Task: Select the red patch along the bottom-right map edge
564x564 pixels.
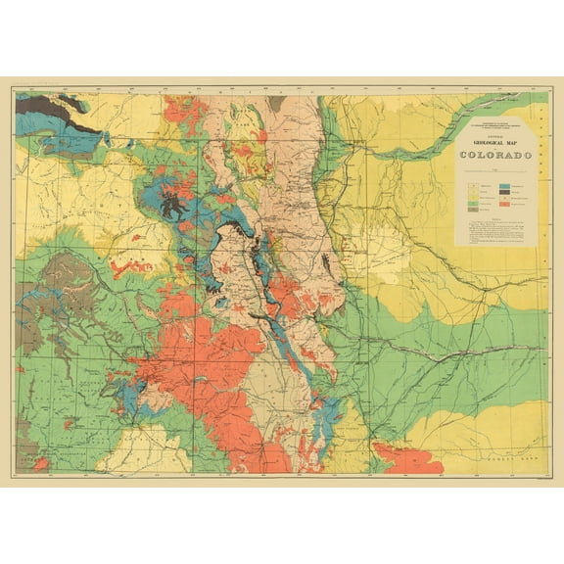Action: coord(406,458)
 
